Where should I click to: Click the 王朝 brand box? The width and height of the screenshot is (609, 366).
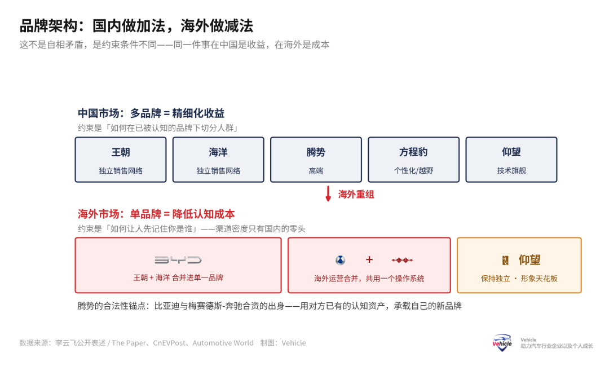click(x=121, y=159)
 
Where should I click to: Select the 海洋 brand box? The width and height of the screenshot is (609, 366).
click(x=218, y=159)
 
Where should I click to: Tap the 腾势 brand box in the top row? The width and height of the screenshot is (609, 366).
click(x=316, y=159)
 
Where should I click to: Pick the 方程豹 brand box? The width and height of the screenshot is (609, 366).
click(x=414, y=159)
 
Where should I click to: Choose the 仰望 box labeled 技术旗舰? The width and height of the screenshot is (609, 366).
click(x=511, y=159)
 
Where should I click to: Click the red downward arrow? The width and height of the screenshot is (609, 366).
click(x=328, y=193)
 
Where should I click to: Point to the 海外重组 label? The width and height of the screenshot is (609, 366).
click(x=356, y=194)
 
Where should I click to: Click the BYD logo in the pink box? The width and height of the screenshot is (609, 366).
click(x=178, y=260)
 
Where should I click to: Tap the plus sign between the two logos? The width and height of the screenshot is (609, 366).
click(x=369, y=259)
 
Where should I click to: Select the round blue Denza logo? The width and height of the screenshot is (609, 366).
click(x=340, y=260)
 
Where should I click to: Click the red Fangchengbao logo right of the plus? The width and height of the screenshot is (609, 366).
click(x=402, y=260)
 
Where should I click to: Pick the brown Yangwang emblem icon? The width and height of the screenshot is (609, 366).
click(x=505, y=260)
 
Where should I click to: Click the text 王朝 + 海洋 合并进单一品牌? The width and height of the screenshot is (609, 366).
click(x=178, y=277)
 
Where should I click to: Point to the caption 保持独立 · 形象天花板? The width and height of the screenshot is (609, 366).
click(x=519, y=278)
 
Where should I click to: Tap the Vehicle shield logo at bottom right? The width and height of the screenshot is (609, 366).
click(x=502, y=343)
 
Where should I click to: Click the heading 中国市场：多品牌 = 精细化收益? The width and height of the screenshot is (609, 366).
click(x=151, y=113)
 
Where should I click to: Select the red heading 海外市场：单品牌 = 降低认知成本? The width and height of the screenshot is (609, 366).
click(x=156, y=214)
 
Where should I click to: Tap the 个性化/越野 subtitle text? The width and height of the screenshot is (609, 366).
click(x=414, y=170)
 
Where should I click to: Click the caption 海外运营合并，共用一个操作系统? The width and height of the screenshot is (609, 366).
click(x=369, y=278)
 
